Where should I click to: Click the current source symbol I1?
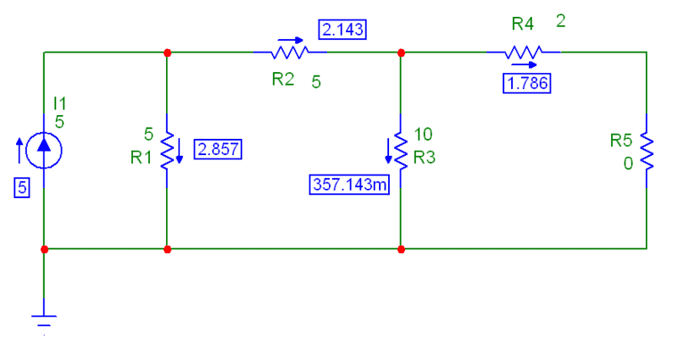pos(43,150)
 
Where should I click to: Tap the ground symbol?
pos(43,320)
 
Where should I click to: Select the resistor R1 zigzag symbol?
pos(167,150)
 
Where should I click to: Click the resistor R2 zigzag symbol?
pos(289,53)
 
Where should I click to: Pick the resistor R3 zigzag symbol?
pos(401,150)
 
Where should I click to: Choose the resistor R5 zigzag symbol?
pos(647,150)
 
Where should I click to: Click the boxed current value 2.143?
pos(342,30)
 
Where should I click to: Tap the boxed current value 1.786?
pos(526,83)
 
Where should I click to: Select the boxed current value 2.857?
pos(218,150)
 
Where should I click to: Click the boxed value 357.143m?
pos(348,183)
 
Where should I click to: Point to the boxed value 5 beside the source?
pos(21,189)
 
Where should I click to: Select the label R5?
pos(621,140)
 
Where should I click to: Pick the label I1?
pos(59,102)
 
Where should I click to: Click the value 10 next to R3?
pos(424,136)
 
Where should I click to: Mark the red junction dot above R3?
pos(401,53)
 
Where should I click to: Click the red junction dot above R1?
pos(167,53)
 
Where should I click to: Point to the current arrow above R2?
pos(289,38)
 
